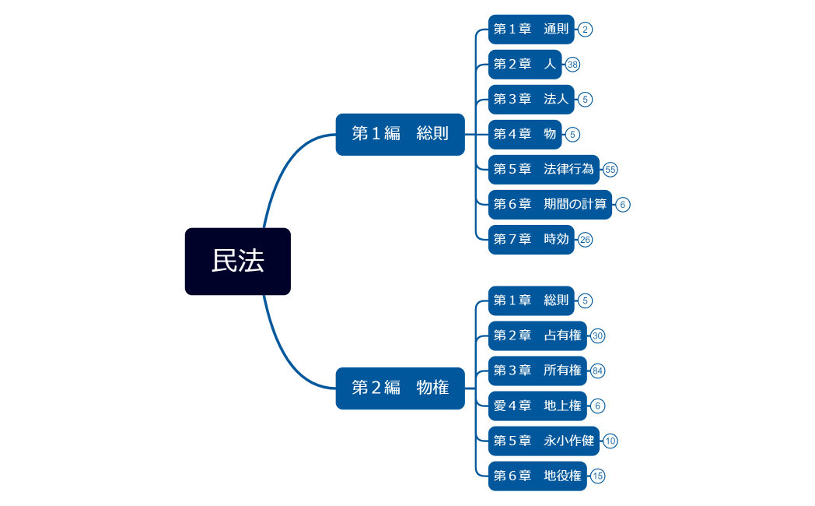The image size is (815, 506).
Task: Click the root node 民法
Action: click(237, 262)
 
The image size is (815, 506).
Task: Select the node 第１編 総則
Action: click(400, 134)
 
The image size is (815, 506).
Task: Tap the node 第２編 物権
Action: click(400, 388)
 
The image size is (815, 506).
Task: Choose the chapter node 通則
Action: click(531, 30)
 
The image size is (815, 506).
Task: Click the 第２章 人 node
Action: click(525, 65)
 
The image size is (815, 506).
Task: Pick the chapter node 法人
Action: click(531, 100)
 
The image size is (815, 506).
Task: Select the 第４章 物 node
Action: click(525, 135)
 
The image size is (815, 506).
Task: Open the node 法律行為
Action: click(544, 170)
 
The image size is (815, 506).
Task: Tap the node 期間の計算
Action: click(550, 205)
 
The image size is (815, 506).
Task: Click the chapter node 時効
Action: click(531, 240)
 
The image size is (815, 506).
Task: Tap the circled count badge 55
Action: click(610, 170)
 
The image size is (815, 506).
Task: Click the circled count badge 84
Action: click(598, 371)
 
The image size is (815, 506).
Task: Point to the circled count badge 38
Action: click(573, 65)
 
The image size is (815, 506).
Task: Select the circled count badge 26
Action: click(586, 240)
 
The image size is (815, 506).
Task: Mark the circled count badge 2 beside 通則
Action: click(586, 30)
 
